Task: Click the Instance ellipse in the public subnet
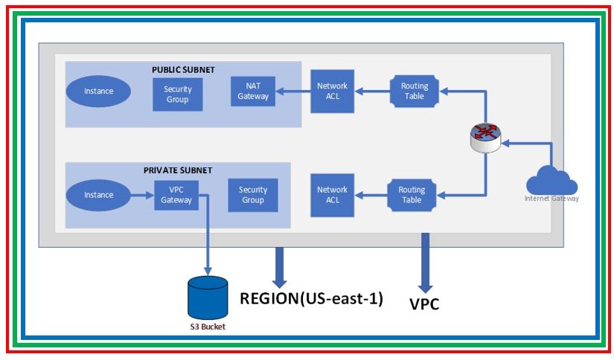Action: pos(99,91)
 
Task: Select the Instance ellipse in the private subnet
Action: pos(99,195)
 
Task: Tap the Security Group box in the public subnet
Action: pos(177,94)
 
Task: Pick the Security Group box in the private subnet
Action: pos(252,195)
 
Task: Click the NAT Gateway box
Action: pos(253,91)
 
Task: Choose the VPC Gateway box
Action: pos(176,195)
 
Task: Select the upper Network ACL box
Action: pos(332,91)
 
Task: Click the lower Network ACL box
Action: pos(332,195)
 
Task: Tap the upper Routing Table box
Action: pos(415,91)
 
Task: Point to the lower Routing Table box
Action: pos(412,195)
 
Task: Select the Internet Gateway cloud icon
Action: pos(551,181)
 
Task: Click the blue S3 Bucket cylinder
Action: pos(206,298)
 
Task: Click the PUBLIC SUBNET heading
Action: pos(183,70)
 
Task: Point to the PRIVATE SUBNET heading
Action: pos(177,170)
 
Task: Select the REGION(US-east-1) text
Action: pos(311,299)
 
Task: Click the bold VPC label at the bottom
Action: pos(424,303)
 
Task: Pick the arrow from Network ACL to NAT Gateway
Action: pos(291,92)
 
